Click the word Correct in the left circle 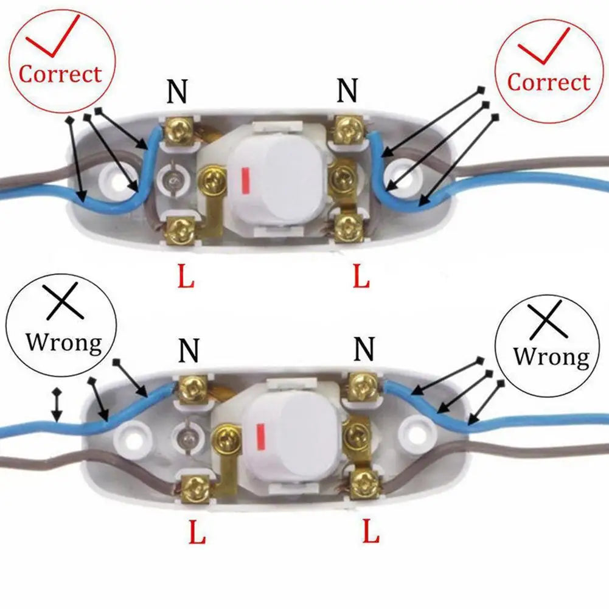tap(60, 74)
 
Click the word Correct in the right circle tap(548, 82)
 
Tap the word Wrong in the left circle tap(64, 343)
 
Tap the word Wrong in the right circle tap(551, 357)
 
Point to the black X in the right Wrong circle tap(546, 319)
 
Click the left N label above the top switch tap(177, 91)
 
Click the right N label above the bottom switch tap(364, 349)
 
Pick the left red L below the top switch tap(186, 276)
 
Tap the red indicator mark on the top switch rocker tap(245, 181)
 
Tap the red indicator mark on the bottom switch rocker tap(260, 438)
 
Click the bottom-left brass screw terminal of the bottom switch tap(196, 487)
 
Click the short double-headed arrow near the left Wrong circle tap(57, 405)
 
